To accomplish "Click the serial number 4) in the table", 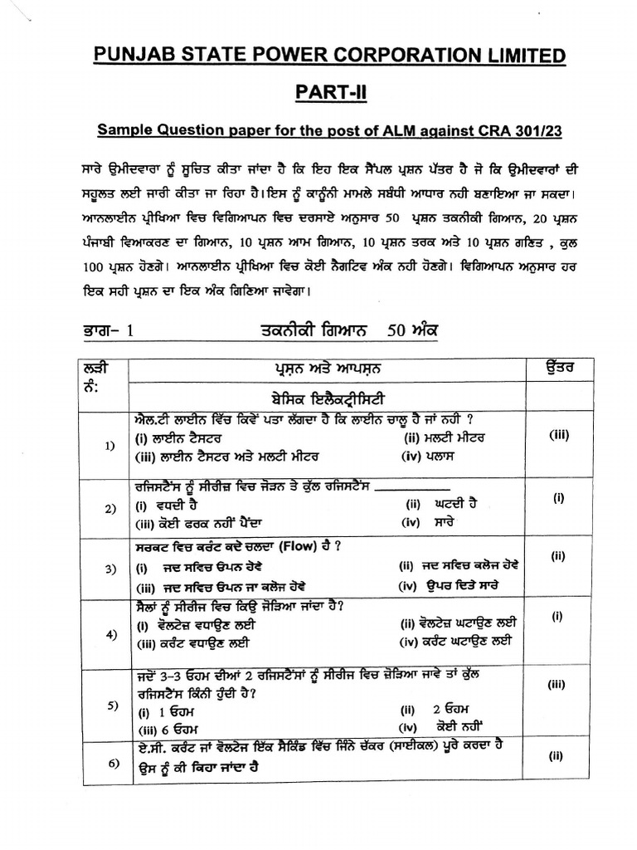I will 110,635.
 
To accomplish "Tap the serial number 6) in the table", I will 110,765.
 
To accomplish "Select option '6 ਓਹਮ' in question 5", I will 176,728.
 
